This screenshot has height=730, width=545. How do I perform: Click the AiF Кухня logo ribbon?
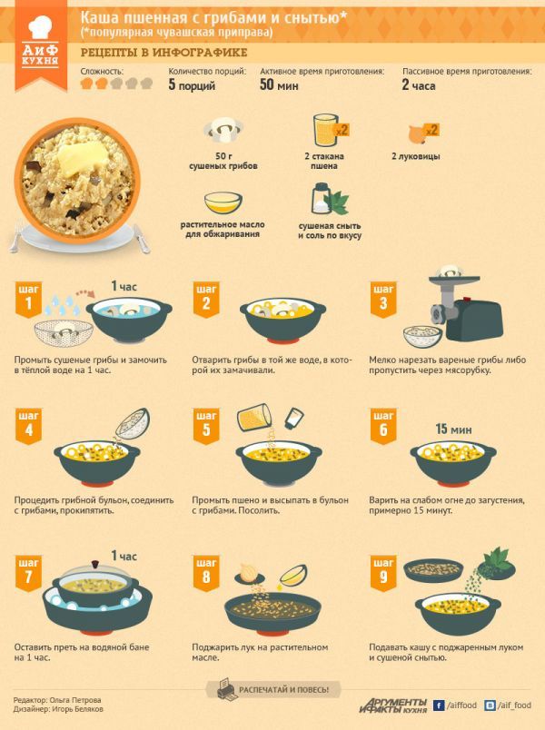click(41, 45)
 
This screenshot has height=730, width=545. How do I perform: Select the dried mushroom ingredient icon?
click(223, 131)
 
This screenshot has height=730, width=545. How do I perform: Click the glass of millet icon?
click(324, 131)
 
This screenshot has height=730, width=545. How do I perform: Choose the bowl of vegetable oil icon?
click(223, 202)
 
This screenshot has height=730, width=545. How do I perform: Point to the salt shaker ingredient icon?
click(321, 198)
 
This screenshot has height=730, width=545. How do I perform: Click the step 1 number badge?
click(28, 299)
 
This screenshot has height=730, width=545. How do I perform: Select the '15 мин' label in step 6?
click(453, 429)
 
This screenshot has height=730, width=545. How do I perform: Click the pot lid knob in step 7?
click(96, 564)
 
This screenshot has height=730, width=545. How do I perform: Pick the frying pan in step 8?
click(272, 611)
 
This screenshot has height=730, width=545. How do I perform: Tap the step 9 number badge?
click(383, 573)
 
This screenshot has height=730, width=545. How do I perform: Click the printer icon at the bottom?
click(227, 688)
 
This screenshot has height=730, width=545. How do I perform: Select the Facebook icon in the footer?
click(439, 705)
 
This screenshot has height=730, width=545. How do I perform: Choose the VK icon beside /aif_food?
click(490, 705)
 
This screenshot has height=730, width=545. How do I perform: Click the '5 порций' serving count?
click(192, 85)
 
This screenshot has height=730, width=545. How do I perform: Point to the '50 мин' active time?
click(279, 84)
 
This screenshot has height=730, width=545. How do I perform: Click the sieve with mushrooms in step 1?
click(64, 332)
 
